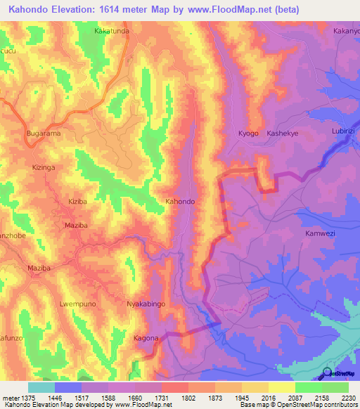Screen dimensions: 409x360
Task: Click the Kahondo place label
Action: [x=180, y=202]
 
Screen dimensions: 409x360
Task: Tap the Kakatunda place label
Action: [x=112, y=32]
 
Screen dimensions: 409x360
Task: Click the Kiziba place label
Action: [x=78, y=202]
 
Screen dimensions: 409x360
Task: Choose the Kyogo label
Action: [x=248, y=134]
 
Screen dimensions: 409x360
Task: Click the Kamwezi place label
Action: [x=321, y=233]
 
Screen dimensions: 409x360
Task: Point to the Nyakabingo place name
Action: [x=145, y=304]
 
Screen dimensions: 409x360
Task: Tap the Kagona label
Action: [x=146, y=338]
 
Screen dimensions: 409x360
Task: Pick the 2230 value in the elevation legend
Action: [x=347, y=398]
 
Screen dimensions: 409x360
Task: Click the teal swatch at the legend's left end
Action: [x=41, y=387]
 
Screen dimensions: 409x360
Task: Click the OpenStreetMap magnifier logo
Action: [x=328, y=374]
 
